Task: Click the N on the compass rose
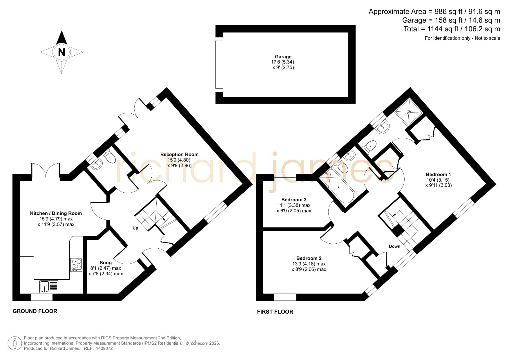pyautogui.click(x=61, y=52)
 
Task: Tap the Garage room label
pyautogui.click(x=283, y=57)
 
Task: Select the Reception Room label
pyautogui.click(x=179, y=154)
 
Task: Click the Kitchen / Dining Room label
pyautogui.click(x=56, y=213)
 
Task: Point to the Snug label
pyautogui.click(x=106, y=263)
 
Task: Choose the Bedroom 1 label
pyautogui.click(x=438, y=174)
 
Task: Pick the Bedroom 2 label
pyautogui.click(x=309, y=258)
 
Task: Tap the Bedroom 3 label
pyautogui.click(x=294, y=200)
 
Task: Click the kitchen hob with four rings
pyautogui.click(x=76, y=265)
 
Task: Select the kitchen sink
pyautogui.click(x=49, y=287)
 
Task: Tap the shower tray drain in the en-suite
pyautogui.click(x=409, y=112)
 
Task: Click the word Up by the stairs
pyautogui.click(x=135, y=228)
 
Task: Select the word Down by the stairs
pyautogui.click(x=394, y=246)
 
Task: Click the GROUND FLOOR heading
pyautogui.click(x=35, y=311)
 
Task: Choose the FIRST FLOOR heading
pyautogui.click(x=275, y=312)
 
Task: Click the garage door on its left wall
pyautogui.click(x=219, y=64)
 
